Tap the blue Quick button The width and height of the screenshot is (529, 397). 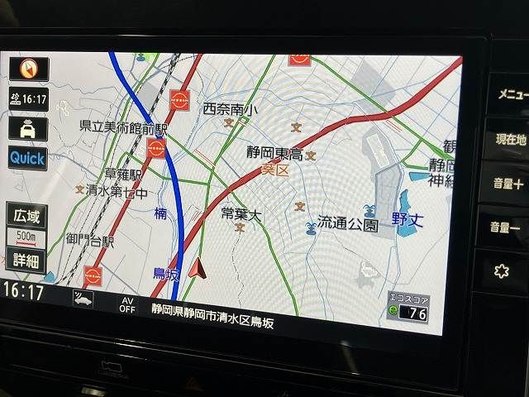[x=27, y=157]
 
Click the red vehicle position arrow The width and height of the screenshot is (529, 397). [x=197, y=267]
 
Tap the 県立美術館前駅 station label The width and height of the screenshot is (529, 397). [x=123, y=128]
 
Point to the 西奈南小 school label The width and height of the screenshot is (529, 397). [x=230, y=109]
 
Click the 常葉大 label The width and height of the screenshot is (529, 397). [x=241, y=215]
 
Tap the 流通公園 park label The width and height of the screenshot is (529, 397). [x=348, y=224]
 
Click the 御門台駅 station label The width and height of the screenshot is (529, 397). [x=90, y=241]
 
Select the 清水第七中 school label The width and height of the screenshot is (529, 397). [x=117, y=194]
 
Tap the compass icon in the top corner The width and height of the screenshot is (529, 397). [x=28, y=69]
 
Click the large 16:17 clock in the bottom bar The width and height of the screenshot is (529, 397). [x=23, y=290]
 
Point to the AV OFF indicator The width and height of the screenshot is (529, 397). [x=126, y=304]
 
